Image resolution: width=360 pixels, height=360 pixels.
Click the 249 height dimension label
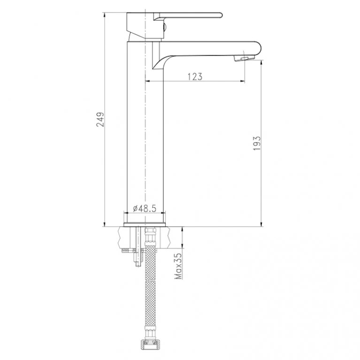pos(100,119)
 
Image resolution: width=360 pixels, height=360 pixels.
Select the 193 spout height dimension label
pos(257,144)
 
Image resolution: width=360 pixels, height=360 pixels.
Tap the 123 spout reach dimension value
pos(195,77)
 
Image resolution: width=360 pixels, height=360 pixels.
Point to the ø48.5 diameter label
pos(145,209)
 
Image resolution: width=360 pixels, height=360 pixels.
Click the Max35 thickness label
pos(178,266)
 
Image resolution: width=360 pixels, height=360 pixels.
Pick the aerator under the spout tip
pos(244,59)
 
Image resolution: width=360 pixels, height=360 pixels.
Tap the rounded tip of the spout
pos(259,48)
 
